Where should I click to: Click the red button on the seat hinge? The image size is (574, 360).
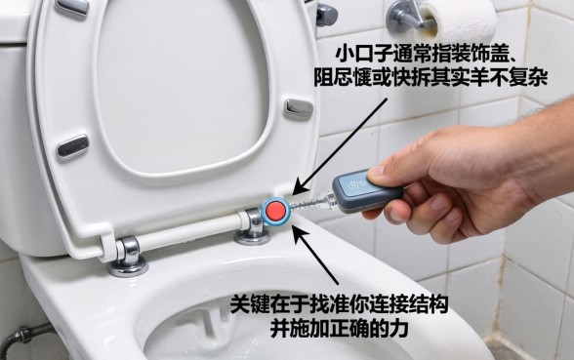pyautogui.click(x=276, y=211)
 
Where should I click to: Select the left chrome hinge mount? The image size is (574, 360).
pyautogui.click(x=128, y=259)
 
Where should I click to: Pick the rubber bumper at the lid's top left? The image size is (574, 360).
pyautogui.click(x=72, y=7)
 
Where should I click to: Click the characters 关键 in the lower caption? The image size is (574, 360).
pyautogui.click(x=247, y=302)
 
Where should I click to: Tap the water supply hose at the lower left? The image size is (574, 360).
pyautogui.click(x=14, y=337)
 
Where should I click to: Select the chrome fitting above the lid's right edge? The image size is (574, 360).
pyautogui.click(x=325, y=13)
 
